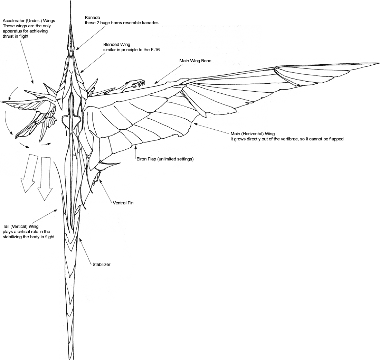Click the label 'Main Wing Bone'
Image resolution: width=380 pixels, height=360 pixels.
click(x=195, y=61)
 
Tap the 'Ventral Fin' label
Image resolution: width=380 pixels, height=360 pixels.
click(x=123, y=203)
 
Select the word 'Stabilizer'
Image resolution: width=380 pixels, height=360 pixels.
click(x=101, y=265)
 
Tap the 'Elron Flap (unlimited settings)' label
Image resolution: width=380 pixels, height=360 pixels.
click(x=164, y=159)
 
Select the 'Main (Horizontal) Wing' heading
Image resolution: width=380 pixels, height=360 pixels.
click(x=253, y=133)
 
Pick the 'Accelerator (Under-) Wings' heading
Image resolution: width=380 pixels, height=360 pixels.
click(x=29, y=20)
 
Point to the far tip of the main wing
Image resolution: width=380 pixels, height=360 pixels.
click(x=378, y=63)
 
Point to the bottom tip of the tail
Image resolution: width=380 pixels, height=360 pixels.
click(x=71, y=358)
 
